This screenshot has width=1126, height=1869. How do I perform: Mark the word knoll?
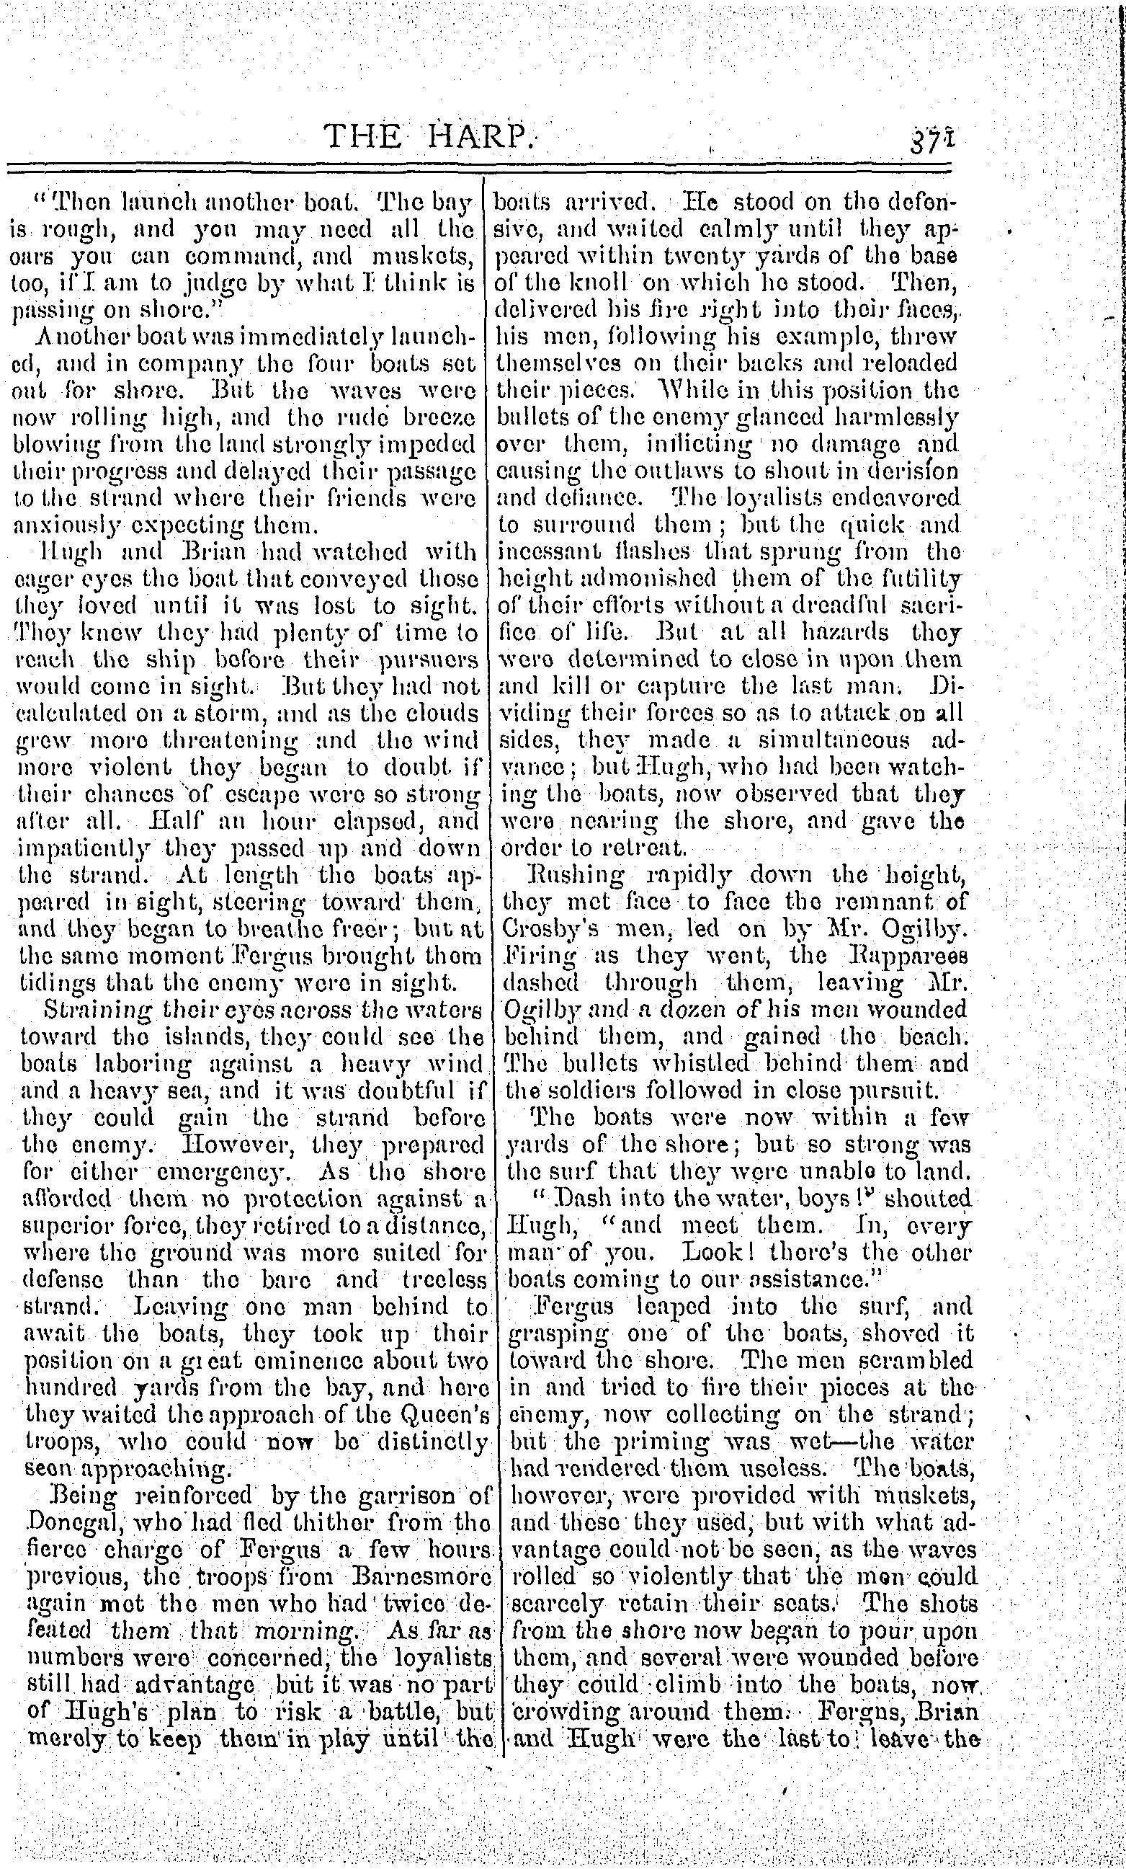596,283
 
